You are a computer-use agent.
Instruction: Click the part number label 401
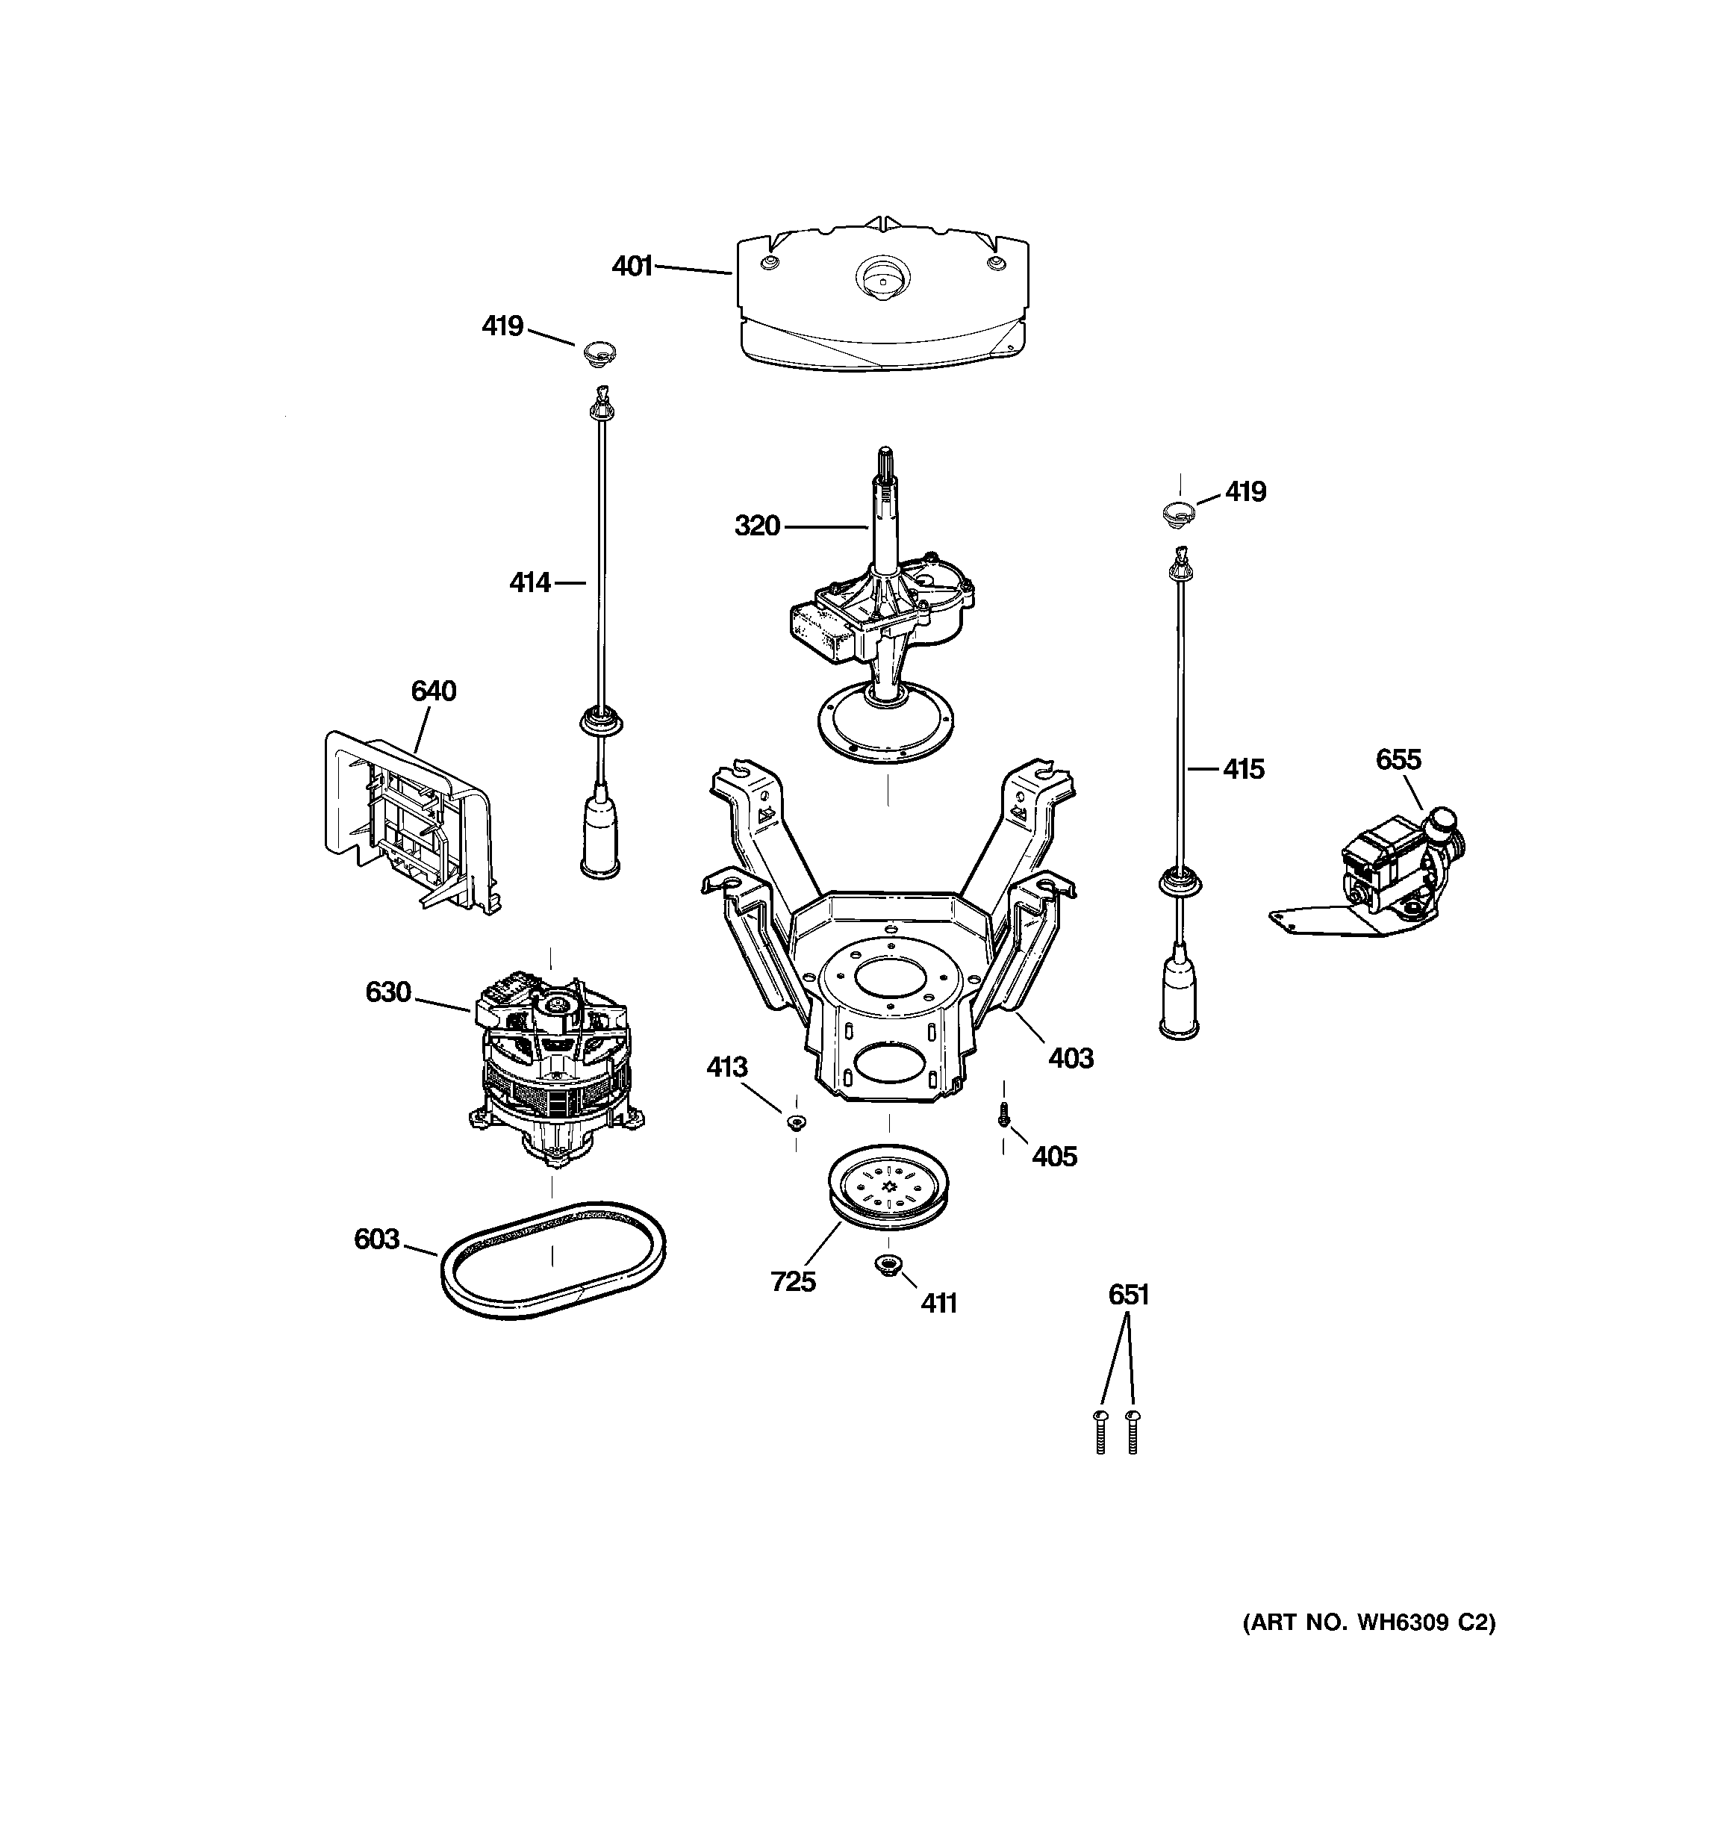(632, 267)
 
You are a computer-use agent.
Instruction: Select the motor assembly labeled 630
(554, 1070)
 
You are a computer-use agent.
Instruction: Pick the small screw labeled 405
(1003, 1115)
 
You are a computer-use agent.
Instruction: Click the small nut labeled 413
(796, 1122)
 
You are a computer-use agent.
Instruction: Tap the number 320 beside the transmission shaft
(757, 526)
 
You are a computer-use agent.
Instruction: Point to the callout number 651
(1128, 1295)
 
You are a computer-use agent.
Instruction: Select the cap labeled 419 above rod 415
(1178, 511)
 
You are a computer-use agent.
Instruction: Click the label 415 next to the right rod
(1243, 769)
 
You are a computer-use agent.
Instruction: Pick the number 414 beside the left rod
(530, 583)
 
